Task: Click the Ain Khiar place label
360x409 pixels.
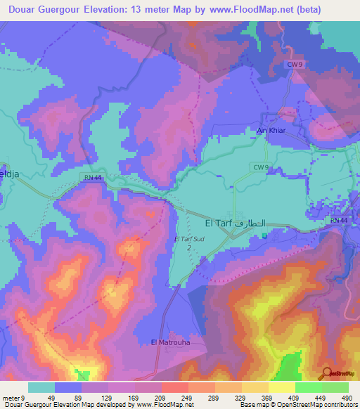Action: tap(269, 131)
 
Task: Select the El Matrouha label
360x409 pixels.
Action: tap(170, 342)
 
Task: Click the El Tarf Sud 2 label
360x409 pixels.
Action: tap(188, 242)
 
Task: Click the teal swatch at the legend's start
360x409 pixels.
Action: tap(41, 387)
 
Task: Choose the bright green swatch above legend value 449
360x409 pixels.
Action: tap(308, 387)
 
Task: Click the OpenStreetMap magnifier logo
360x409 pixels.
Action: tap(328, 372)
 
